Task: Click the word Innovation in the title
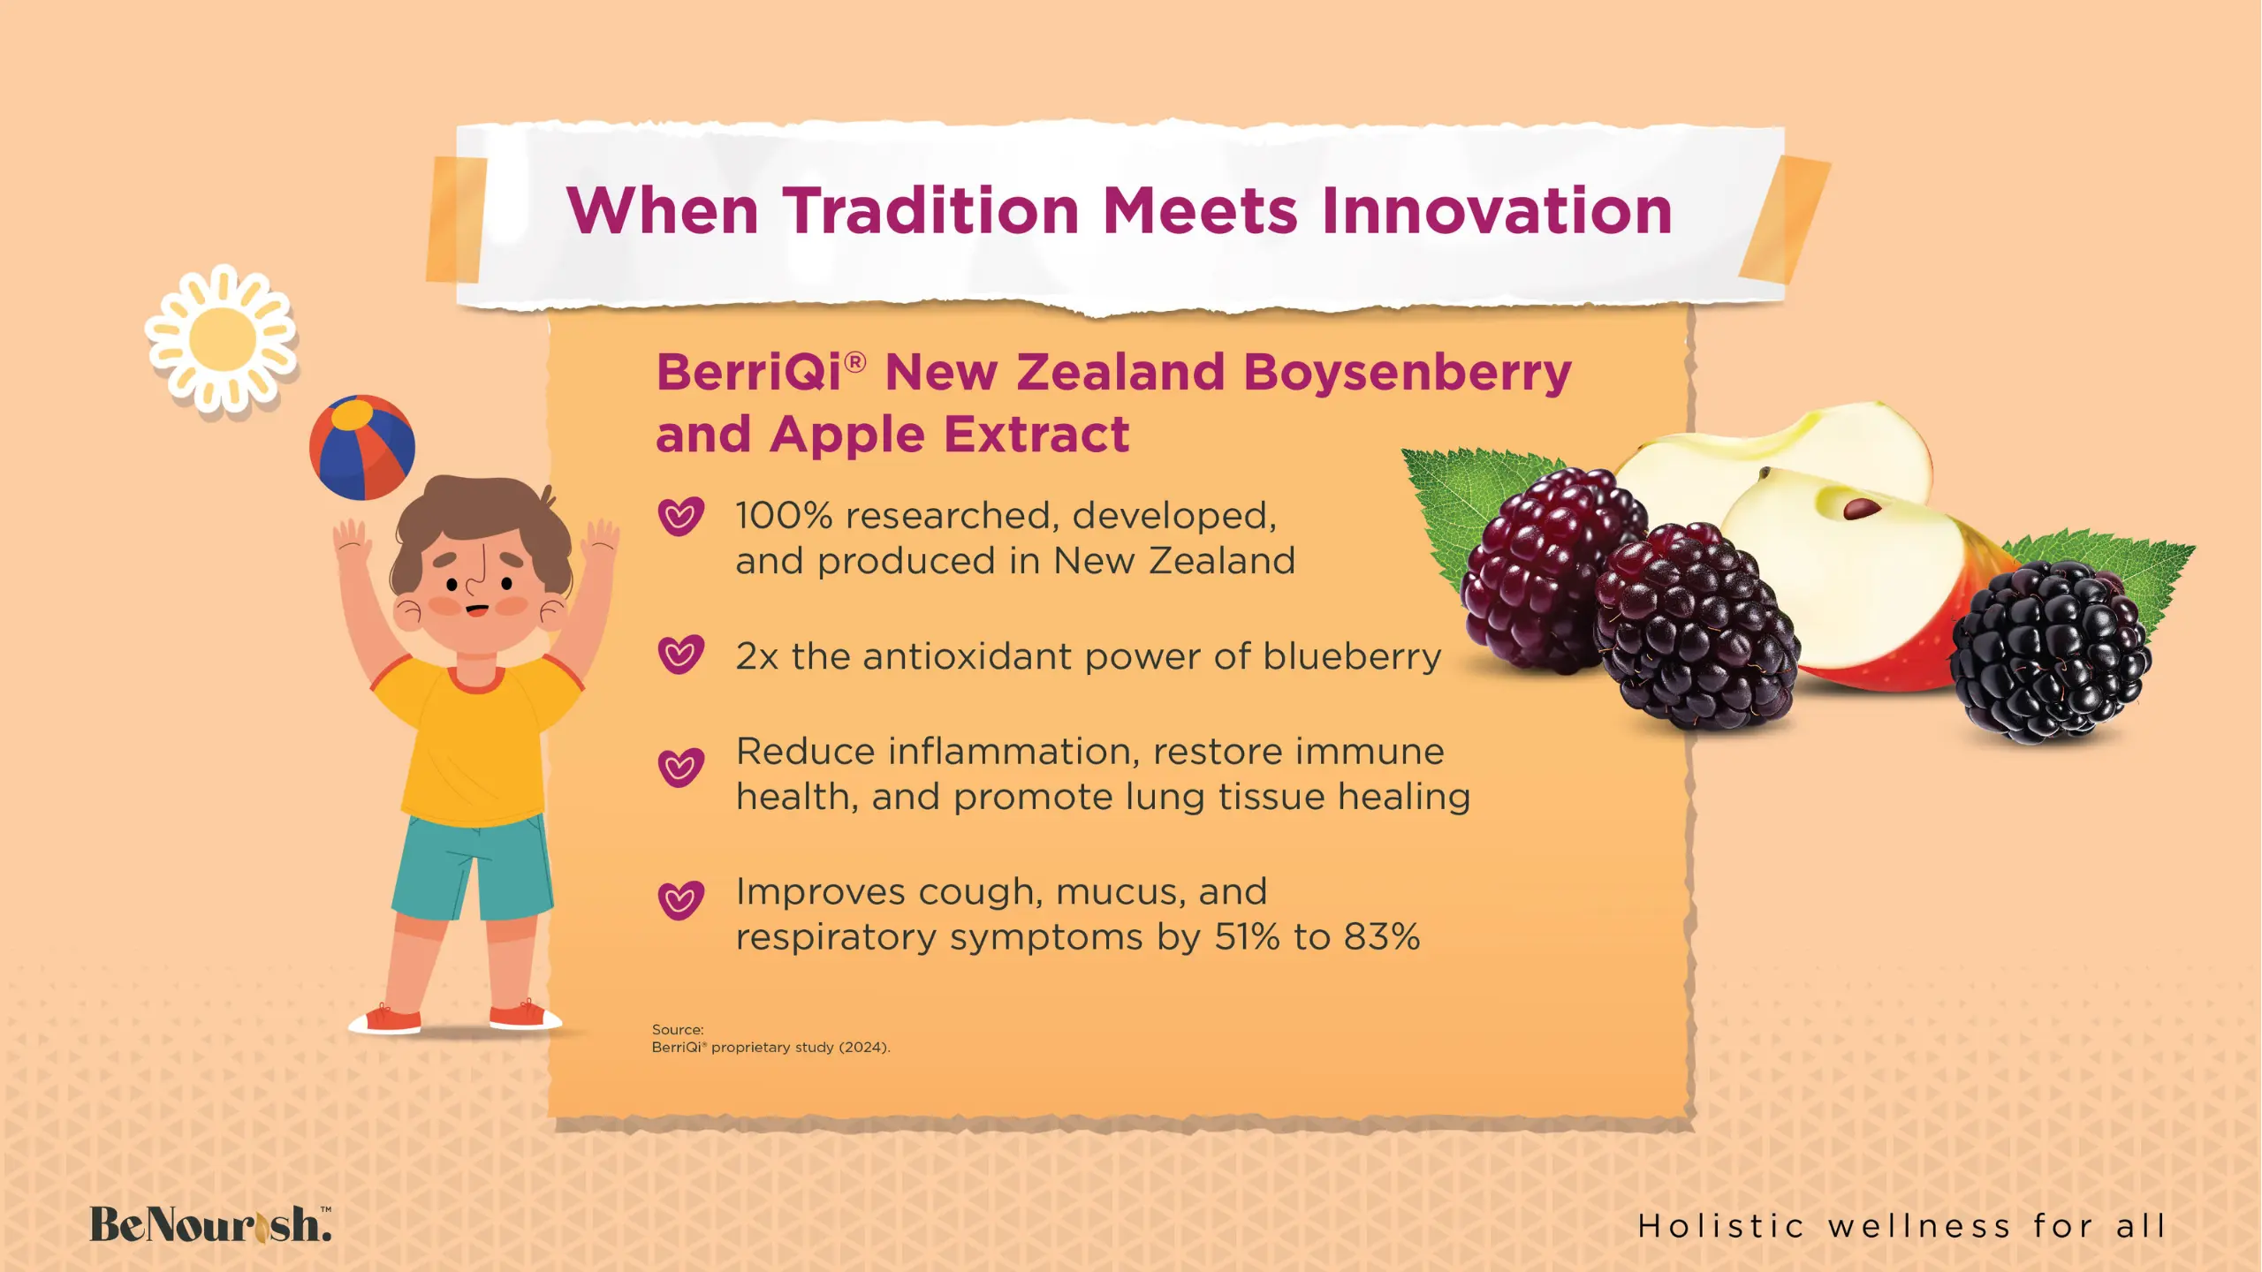(1497, 211)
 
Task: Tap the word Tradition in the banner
(931, 211)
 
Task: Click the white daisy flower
(222, 338)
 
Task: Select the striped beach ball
(362, 447)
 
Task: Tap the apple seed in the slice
(1862, 509)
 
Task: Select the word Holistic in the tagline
(1719, 1226)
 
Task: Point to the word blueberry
(1352, 656)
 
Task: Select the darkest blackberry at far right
(2051, 652)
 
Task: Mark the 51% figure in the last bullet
(1247, 936)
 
